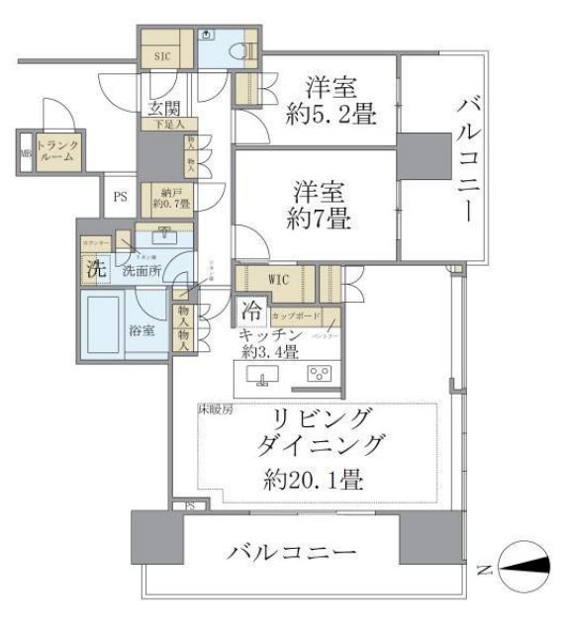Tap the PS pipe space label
click(120, 197)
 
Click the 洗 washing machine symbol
click(94, 267)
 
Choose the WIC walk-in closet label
click(278, 279)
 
